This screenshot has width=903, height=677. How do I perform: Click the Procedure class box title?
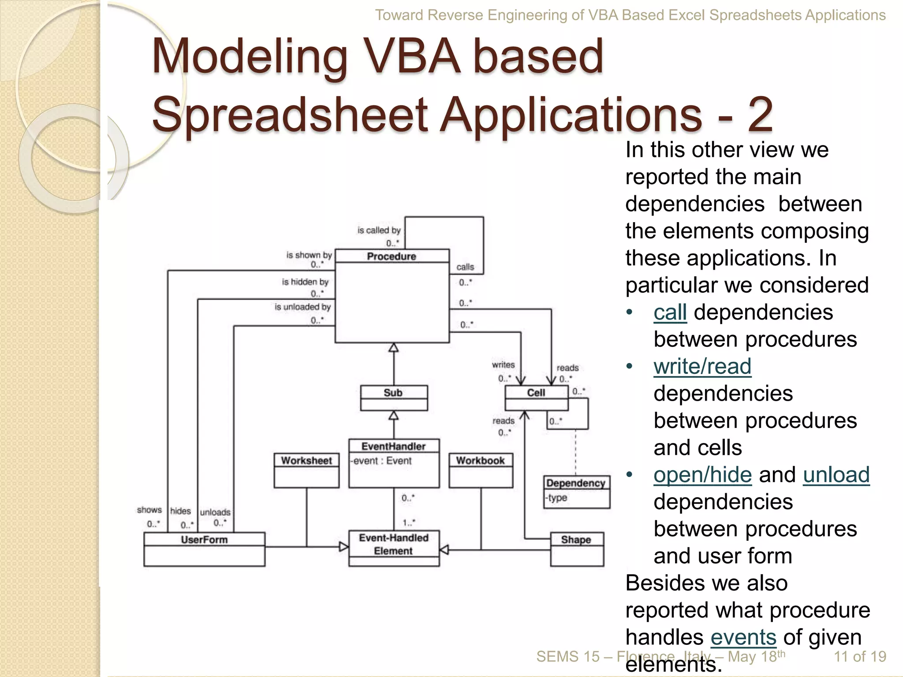pos(392,256)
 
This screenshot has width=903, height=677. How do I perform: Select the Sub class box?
pos(393,398)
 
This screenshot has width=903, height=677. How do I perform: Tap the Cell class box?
pos(536,398)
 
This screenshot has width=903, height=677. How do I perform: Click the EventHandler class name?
pos(393,446)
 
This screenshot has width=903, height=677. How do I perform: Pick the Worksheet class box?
pos(306,470)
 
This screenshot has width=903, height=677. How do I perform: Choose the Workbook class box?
pos(481,470)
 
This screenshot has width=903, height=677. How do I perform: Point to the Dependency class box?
pos(576,491)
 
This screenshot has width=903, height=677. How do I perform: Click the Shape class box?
pos(577,549)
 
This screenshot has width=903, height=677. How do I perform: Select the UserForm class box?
pos(204,549)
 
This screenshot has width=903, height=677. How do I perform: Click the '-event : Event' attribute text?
pos(381,461)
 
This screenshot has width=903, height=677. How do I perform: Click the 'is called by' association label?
pos(379,230)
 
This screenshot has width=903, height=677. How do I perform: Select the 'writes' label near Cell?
pos(503,365)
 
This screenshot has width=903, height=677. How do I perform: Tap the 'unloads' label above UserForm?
pos(215,512)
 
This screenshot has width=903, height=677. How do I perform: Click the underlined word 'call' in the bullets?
pos(670,312)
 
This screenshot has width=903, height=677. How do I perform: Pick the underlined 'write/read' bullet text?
pos(702,366)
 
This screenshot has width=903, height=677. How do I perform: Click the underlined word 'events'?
pos(743,637)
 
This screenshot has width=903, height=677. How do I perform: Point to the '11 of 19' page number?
pos(859,656)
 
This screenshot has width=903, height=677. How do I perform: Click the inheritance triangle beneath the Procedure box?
pos(393,348)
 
